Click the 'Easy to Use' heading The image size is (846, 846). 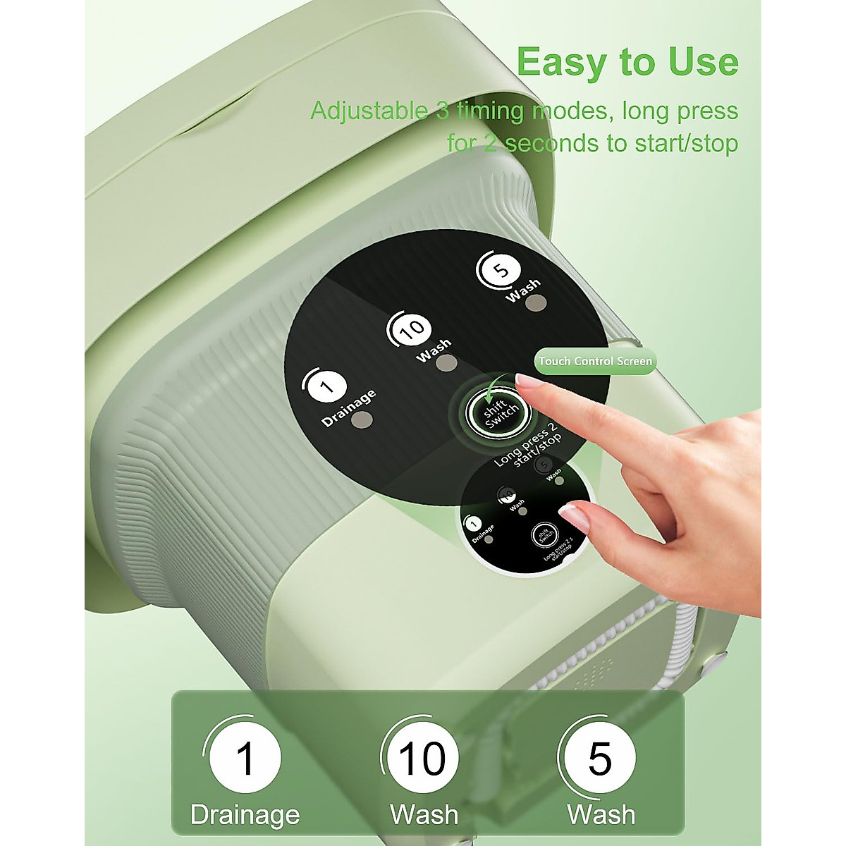627,61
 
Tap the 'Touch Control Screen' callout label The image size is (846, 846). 595,361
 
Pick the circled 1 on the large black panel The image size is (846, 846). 326,387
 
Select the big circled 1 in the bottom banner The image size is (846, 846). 245,759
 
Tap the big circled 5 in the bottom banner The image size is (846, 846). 600,759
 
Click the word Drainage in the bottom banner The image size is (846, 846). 245,815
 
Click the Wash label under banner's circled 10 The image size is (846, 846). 424,815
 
